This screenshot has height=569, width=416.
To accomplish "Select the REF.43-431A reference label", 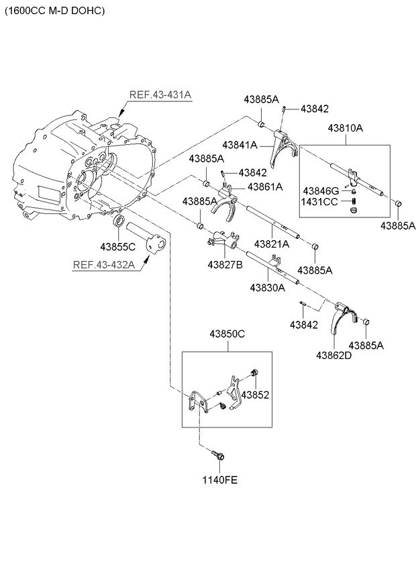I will click(x=160, y=95).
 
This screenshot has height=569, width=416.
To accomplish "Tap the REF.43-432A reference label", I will click(x=104, y=264).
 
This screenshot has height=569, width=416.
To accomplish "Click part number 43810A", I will click(x=346, y=127).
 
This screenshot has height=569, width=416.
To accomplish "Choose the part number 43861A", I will click(x=265, y=186).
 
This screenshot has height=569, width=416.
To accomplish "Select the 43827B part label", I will click(x=224, y=264).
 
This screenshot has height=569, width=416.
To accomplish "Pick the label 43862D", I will click(x=335, y=355).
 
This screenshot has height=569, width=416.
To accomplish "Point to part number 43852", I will click(x=255, y=395).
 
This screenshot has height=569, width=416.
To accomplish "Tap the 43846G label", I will click(x=321, y=190).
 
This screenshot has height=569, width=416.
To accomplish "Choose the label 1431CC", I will click(x=321, y=201).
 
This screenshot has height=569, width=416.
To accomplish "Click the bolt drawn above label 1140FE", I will click(x=219, y=456).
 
